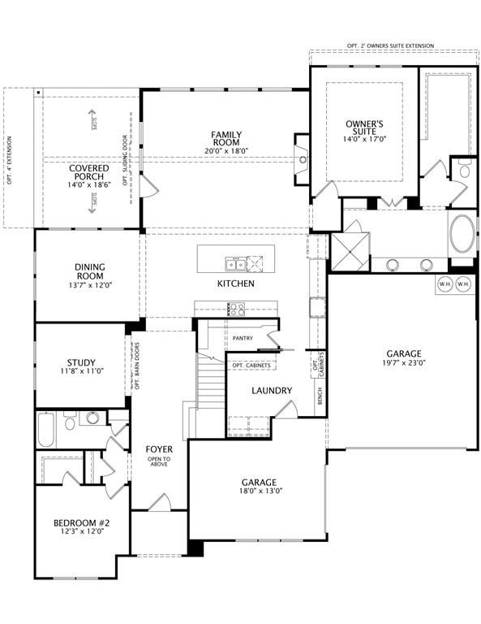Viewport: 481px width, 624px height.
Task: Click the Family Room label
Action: pos(226,139)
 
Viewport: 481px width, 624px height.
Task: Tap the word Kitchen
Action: pos(235,284)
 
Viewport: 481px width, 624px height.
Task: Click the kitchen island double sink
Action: pos(236,263)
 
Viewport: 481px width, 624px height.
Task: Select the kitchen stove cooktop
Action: pos(236,309)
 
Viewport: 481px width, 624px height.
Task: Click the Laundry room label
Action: pos(272,391)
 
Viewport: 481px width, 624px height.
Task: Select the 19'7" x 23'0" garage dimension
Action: pos(403,365)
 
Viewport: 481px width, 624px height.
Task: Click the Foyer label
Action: pos(158,449)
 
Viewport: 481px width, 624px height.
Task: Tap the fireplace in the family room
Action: pos(303,159)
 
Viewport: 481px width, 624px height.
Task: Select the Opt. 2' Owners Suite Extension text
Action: pos(393,45)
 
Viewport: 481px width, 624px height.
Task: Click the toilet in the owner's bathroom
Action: pos(465,171)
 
